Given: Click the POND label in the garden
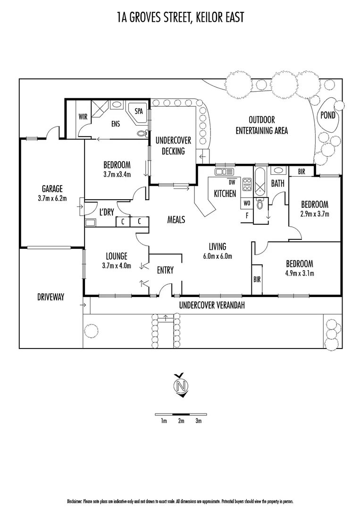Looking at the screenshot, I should pos(328,115).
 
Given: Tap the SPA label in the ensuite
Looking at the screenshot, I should pos(139,112).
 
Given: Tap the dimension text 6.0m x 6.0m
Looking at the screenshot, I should pos(218,256).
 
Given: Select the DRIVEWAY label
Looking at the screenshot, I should pos(50,297).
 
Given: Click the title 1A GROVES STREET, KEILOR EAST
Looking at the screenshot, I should pos(180,18).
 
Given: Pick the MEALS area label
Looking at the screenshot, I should pos(176,220).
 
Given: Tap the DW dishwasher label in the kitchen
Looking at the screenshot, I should pos(232,182).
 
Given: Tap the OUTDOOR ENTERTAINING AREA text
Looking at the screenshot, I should pos(262,126).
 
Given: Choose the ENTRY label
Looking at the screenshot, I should pos(165,270).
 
